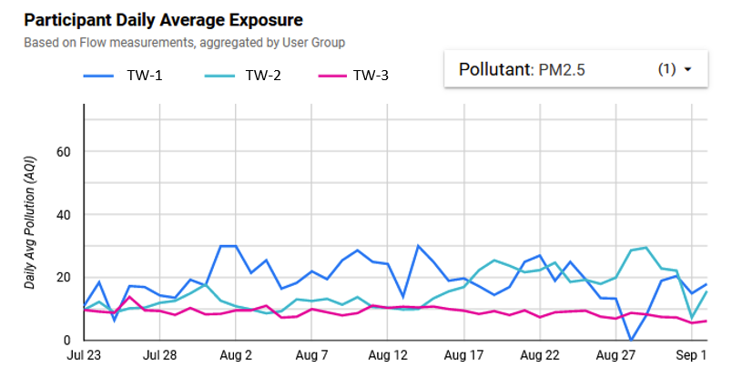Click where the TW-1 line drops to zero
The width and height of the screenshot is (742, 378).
click(631, 340)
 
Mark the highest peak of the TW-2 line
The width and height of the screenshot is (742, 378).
click(645, 247)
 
